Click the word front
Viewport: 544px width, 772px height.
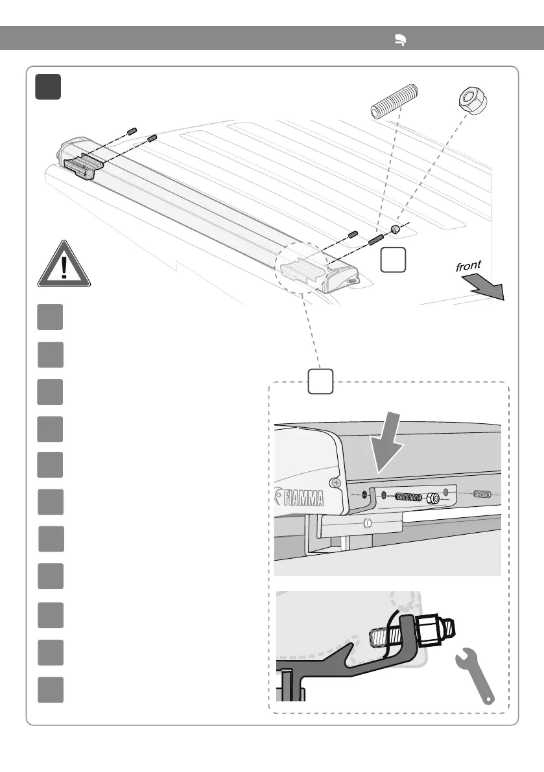click(469, 265)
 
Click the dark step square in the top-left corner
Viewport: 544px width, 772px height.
click(49, 87)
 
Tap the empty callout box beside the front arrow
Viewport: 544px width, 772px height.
click(394, 259)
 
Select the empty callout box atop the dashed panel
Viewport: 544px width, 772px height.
click(320, 381)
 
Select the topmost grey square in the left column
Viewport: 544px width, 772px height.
click(50, 317)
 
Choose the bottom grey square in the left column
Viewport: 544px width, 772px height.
click(50, 690)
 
